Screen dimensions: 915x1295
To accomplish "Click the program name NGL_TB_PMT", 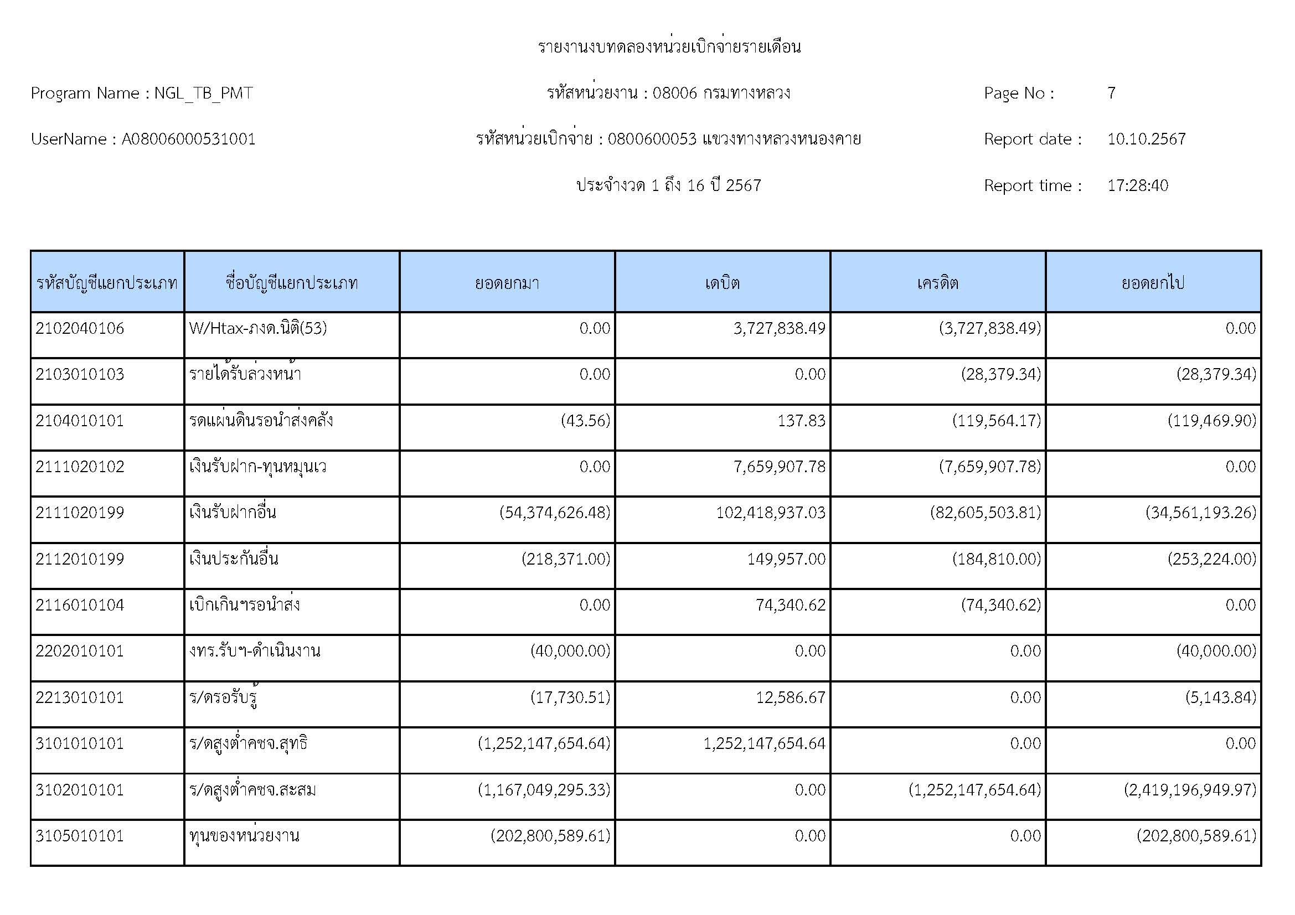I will point(203,93).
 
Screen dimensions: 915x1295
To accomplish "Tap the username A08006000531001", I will point(188,139).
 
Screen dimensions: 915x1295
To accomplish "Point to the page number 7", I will point(1111,93).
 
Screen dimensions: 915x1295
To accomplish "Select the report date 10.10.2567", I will point(1146,139).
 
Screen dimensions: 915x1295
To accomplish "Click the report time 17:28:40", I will point(1138,185).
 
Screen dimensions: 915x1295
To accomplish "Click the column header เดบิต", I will point(722,282).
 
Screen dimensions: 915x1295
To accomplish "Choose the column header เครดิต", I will point(937,282).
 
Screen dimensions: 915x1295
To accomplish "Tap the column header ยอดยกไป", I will point(1153,282).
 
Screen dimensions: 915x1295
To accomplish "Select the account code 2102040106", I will point(80,329).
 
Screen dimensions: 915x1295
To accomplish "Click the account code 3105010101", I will point(80,835).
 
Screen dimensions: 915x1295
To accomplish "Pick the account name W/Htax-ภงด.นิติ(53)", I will point(258,329).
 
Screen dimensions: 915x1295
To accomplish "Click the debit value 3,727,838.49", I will point(779,329).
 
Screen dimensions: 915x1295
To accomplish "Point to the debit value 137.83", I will point(801,421).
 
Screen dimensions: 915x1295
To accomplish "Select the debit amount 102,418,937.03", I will point(771,513).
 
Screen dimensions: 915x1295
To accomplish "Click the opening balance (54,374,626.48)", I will point(555,513).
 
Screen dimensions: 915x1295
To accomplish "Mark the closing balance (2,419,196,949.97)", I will point(1190,790).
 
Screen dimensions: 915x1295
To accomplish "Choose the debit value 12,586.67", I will point(790,698).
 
